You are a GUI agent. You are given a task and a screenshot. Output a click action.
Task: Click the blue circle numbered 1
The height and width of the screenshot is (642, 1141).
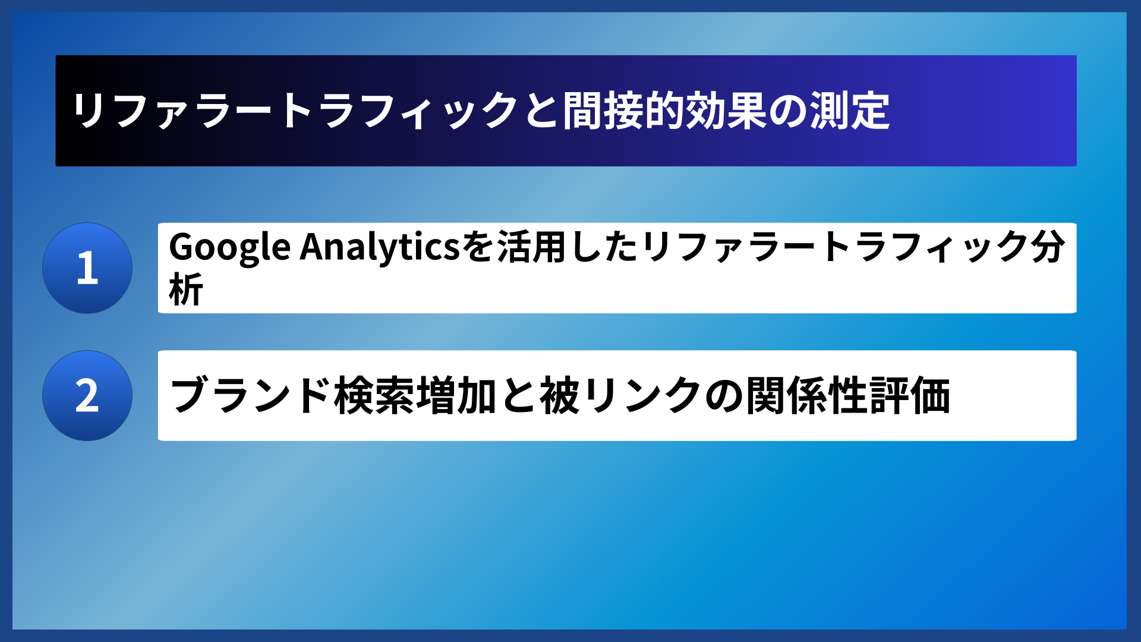(x=87, y=268)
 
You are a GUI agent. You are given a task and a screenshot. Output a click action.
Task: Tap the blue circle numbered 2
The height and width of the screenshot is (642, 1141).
(x=87, y=395)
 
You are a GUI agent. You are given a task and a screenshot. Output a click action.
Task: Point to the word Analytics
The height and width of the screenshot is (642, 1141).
(x=380, y=247)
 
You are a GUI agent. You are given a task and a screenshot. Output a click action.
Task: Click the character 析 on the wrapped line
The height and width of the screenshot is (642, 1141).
(x=186, y=290)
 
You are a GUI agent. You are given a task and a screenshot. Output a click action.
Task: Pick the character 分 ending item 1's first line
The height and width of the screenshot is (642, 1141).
(x=1048, y=246)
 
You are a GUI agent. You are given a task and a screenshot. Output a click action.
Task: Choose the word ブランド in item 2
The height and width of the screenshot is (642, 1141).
(x=250, y=396)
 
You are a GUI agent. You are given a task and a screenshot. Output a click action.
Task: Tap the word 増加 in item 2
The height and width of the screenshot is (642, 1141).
(x=456, y=396)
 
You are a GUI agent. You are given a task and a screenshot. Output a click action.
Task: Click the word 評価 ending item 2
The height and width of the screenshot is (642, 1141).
(x=909, y=396)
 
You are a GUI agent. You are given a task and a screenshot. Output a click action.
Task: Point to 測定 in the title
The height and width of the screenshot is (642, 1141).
(x=850, y=111)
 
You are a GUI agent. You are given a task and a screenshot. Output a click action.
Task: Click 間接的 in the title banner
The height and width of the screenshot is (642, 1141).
(x=623, y=111)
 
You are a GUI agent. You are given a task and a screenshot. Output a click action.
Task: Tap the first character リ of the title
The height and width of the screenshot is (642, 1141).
(x=89, y=111)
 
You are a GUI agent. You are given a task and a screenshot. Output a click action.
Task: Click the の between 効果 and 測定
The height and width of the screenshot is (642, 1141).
(x=787, y=111)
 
